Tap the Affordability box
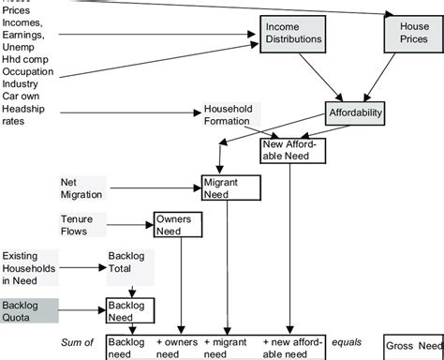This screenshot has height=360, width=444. click(x=357, y=115)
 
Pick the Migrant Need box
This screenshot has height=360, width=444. click(x=229, y=186)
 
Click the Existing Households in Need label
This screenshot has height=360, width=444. click(x=30, y=266)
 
